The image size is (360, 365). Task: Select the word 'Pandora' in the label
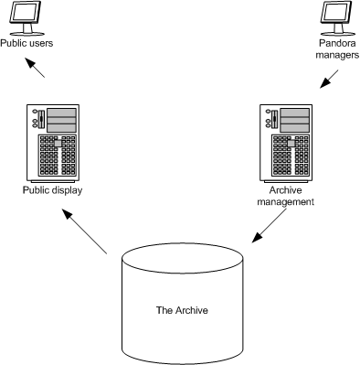pyautogui.click(x=336, y=43)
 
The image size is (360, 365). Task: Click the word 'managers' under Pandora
pyautogui.click(x=336, y=54)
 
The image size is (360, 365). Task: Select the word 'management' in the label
pyautogui.click(x=286, y=202)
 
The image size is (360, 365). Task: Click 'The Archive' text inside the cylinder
pyautogui.click(x=182, y=310)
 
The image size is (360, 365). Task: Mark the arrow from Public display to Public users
pyautogui.click(x=37, y=70)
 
